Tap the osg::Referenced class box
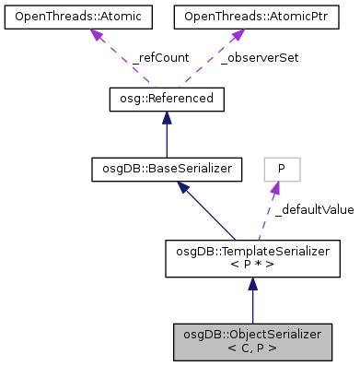pyautogui.click(x=167, y=98)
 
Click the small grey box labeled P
pyautogui.click(x=282, y=168)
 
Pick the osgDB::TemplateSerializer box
pyautogui.click(x=253, y=255)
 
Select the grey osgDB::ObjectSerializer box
pyautogui.click(x=253, y=342)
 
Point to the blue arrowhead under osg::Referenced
pyautogui.click(x=167, y=116)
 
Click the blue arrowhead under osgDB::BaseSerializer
pyautogui.click(x=185, y=186)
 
